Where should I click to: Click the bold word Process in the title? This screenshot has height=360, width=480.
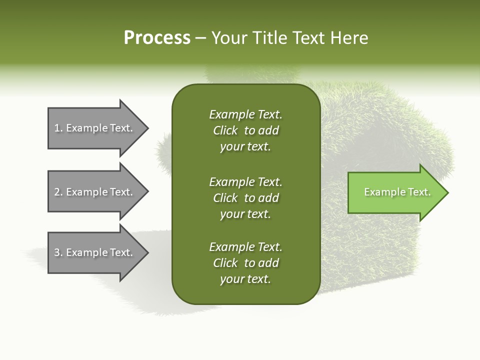(x=157, y=38)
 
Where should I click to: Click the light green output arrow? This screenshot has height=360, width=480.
(x=395, y=192)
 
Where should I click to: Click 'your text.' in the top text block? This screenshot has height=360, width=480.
(x=245, y=147)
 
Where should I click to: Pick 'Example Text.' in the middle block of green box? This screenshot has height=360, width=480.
(x=245, y=182)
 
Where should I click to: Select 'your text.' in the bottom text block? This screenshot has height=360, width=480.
(x=245, y=279)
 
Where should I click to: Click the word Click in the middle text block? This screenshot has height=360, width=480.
(x=225, y=198)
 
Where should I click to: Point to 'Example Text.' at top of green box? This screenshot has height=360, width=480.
(x=245, y=114)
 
